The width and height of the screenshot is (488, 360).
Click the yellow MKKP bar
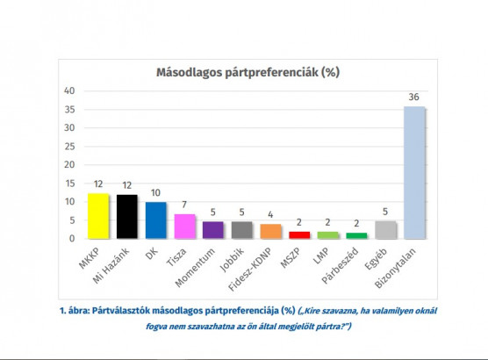coord(98,216)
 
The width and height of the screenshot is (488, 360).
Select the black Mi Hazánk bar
coord(127,216)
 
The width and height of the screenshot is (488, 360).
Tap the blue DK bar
coord(155,220)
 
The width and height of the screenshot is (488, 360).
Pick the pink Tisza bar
coord(183,226)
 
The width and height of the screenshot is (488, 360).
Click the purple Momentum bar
coord(212,229)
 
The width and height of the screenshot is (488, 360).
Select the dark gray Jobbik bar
coord(241,229)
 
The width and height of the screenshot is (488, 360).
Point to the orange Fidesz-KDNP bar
coord(269,231)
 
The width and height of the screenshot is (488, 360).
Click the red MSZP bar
coord(298,234)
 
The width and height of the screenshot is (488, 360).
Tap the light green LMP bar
coord(327,234)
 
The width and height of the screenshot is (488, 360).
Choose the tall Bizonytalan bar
coord(413,172)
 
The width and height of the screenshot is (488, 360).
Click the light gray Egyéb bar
coord(384,229)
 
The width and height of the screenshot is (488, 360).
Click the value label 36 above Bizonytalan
coord(413,97)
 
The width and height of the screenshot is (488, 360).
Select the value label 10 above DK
coord(155,192)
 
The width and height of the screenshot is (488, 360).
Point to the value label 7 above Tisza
coord(183,204)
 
